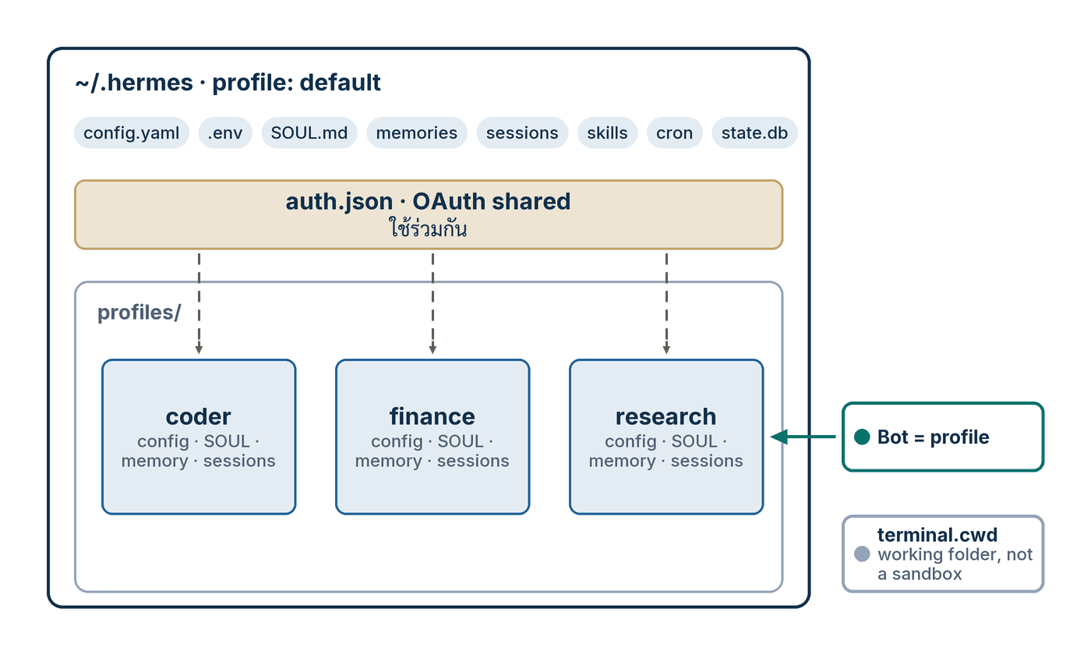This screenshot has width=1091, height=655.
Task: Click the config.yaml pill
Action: pos(132,133)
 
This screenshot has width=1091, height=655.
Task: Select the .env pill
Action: pos(225,133)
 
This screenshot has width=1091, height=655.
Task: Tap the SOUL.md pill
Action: pos(309,133)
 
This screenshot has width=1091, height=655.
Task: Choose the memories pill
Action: pos(417,133)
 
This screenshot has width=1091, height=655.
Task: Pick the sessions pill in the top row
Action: pos(522,133)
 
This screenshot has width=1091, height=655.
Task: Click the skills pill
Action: pos(607,133)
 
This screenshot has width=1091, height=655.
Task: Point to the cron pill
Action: pos(675,133)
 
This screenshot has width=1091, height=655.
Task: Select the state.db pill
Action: pos(754,133)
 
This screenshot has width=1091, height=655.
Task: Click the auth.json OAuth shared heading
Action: pos(428,202)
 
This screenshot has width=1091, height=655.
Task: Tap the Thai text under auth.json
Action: pos(428,228)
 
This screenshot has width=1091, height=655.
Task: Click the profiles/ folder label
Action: pos(139,313)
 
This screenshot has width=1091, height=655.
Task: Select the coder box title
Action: pos(198,416)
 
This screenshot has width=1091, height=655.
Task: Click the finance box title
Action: pos(432,416)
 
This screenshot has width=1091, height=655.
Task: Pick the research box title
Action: pos(666,416)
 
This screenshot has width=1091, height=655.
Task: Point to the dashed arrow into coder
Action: pos(199,303)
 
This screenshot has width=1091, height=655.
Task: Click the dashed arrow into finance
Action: pos(433,303)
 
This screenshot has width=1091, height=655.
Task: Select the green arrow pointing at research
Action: pos(803,437)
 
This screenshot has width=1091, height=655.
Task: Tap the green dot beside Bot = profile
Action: pos(862,437)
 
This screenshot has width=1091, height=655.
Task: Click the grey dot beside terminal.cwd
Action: pos(862,554)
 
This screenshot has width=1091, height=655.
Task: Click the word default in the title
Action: pos(340,83)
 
